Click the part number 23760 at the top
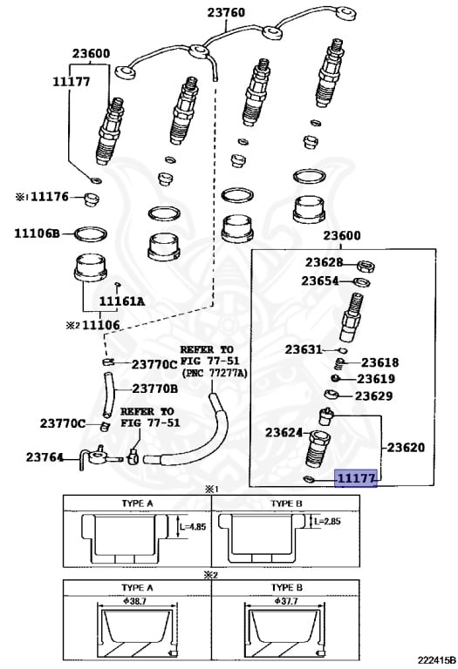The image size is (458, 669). (x=227, y=12)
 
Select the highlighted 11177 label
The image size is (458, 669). (x=356, y=478)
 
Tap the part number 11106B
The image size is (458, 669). (x=37, y=233)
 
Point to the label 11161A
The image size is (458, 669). (x=122, y=301)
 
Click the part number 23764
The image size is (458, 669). (x=44, y=457)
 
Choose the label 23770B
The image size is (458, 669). (x=155, y=389)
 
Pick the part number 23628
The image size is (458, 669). (x=324, y=262)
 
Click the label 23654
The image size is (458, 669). (x=320, y=280)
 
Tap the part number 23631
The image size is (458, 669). (x=304, y=349)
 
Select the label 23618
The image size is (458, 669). (x=379, y=362)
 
